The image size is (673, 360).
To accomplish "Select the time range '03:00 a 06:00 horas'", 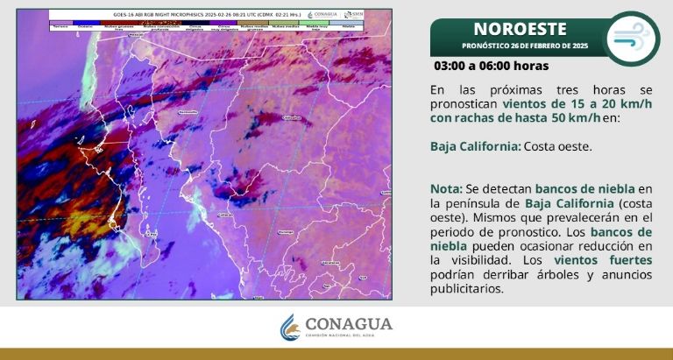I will (x=491, y=66).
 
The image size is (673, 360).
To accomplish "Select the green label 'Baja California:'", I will (x=475, y=146).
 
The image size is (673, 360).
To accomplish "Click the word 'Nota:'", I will (x=448, y=189).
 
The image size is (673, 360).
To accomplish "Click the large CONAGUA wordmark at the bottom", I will (x=350, y=324).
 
